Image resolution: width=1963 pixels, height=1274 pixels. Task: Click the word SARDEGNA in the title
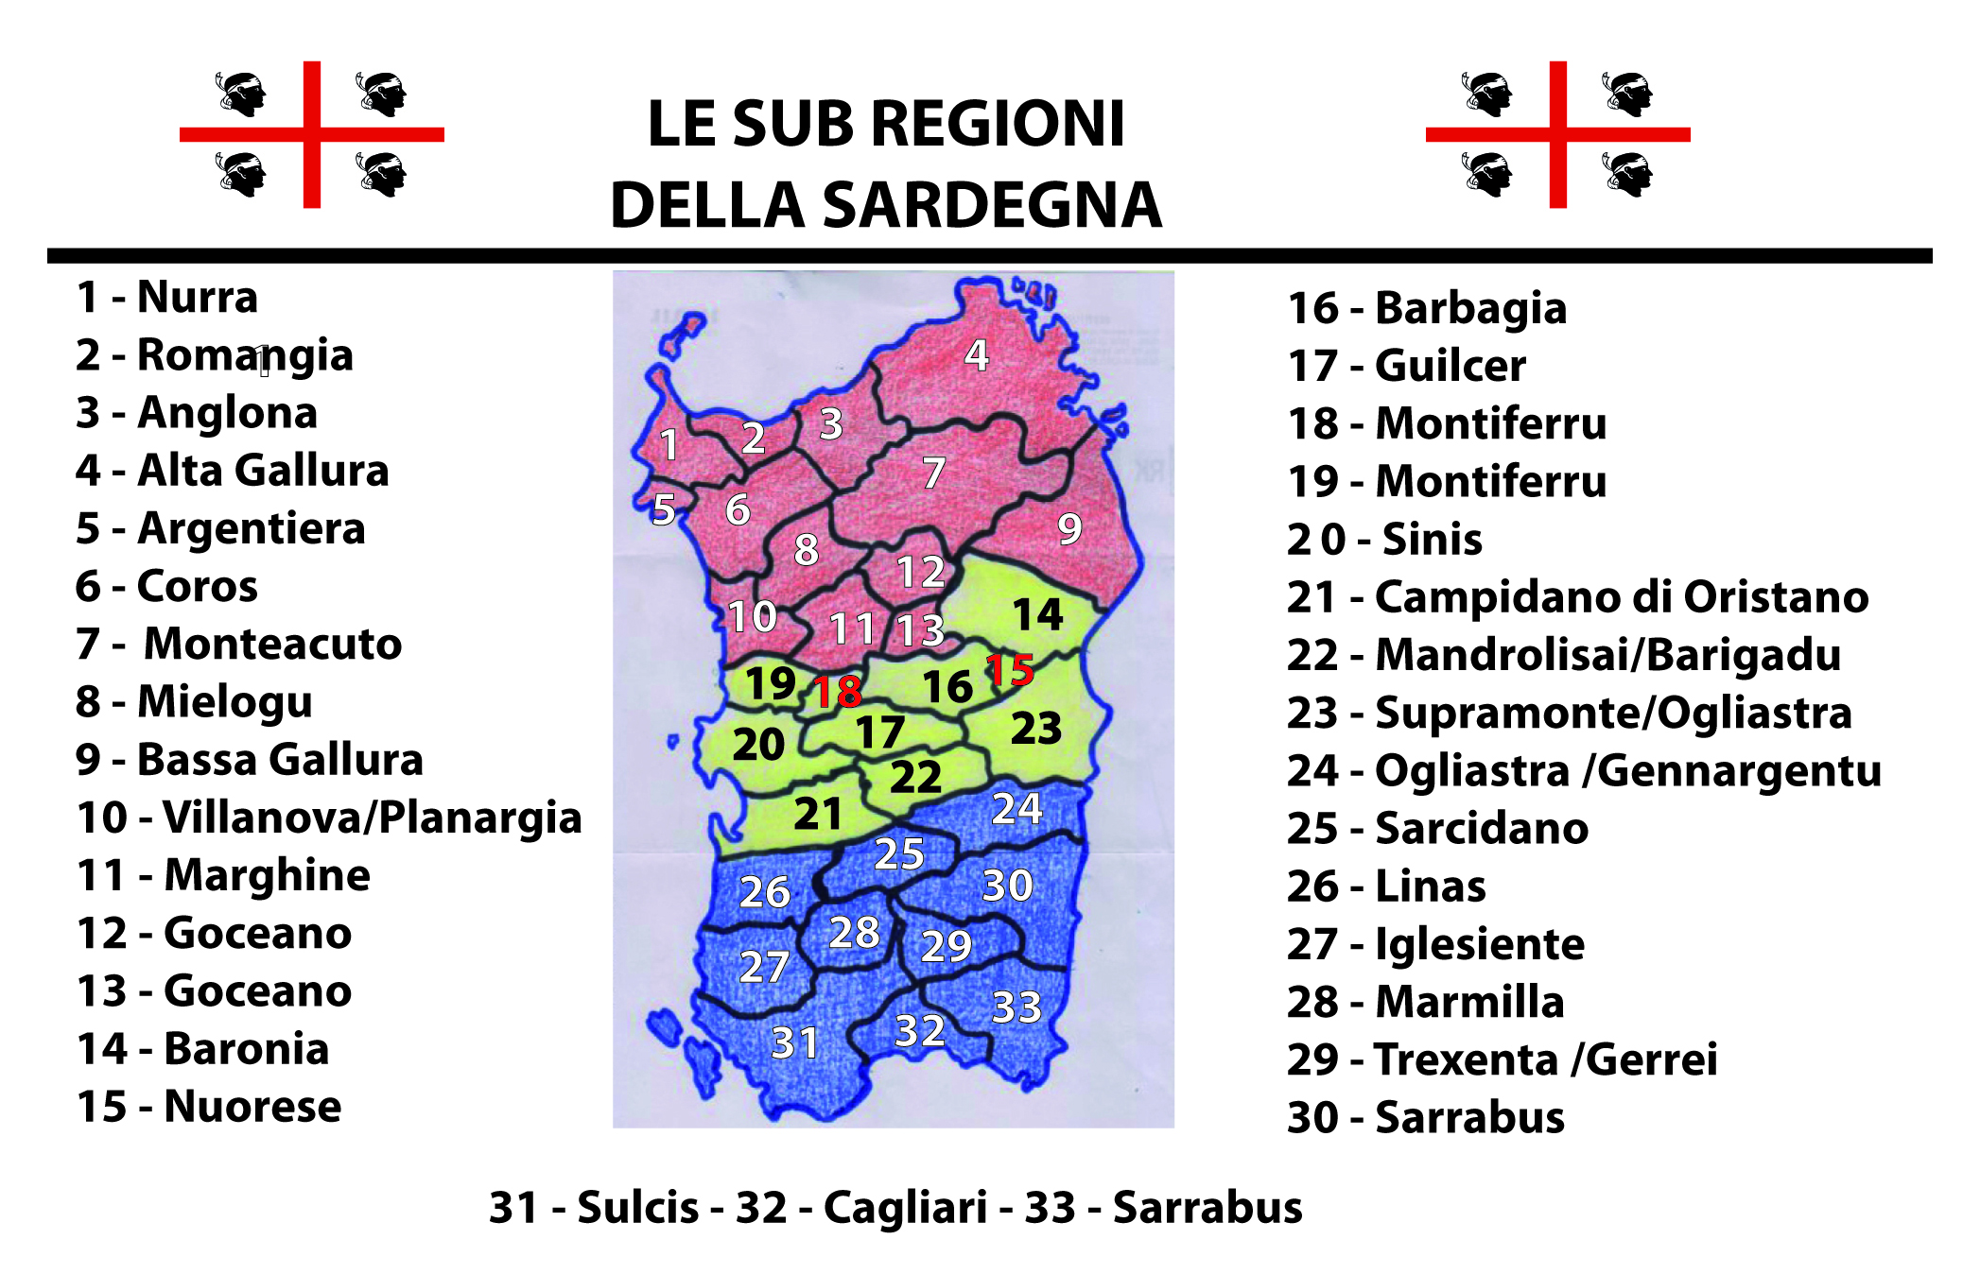pos(992,206)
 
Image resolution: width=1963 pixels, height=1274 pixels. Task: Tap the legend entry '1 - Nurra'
pos(167,298)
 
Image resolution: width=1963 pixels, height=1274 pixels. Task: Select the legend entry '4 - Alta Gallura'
pos(233,471)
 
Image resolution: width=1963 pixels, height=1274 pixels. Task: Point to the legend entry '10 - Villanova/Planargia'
pos(329,818)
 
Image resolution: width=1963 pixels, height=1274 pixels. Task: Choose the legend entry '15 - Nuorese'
pos(209,1107)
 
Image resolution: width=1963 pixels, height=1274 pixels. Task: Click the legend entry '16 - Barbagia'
pos(1427,309)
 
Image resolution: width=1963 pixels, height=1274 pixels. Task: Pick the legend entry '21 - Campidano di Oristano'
pos(1577,597)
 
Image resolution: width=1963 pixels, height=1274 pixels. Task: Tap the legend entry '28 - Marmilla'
pos(1425,1002)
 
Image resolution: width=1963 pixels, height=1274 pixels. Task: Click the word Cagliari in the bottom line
pos(905,1208)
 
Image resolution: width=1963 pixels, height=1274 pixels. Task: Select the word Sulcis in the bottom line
pos(637,1208)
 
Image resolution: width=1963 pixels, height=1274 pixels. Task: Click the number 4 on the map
pos(977,355)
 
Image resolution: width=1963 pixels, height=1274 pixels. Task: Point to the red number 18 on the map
pos(838,692)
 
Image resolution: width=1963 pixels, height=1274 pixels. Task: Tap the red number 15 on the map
pos(1009,670)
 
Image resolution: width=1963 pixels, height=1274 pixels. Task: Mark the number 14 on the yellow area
pos(1038,614)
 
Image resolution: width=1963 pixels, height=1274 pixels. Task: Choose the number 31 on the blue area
pos(794,1043)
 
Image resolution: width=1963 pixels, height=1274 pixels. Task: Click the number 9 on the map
pos(1069,529)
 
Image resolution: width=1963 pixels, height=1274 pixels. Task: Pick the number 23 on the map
pos(1036,729)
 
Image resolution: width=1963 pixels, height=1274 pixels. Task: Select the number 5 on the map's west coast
pos(664,510)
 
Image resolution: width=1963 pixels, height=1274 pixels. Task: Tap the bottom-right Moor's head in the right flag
pos(1627,174)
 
